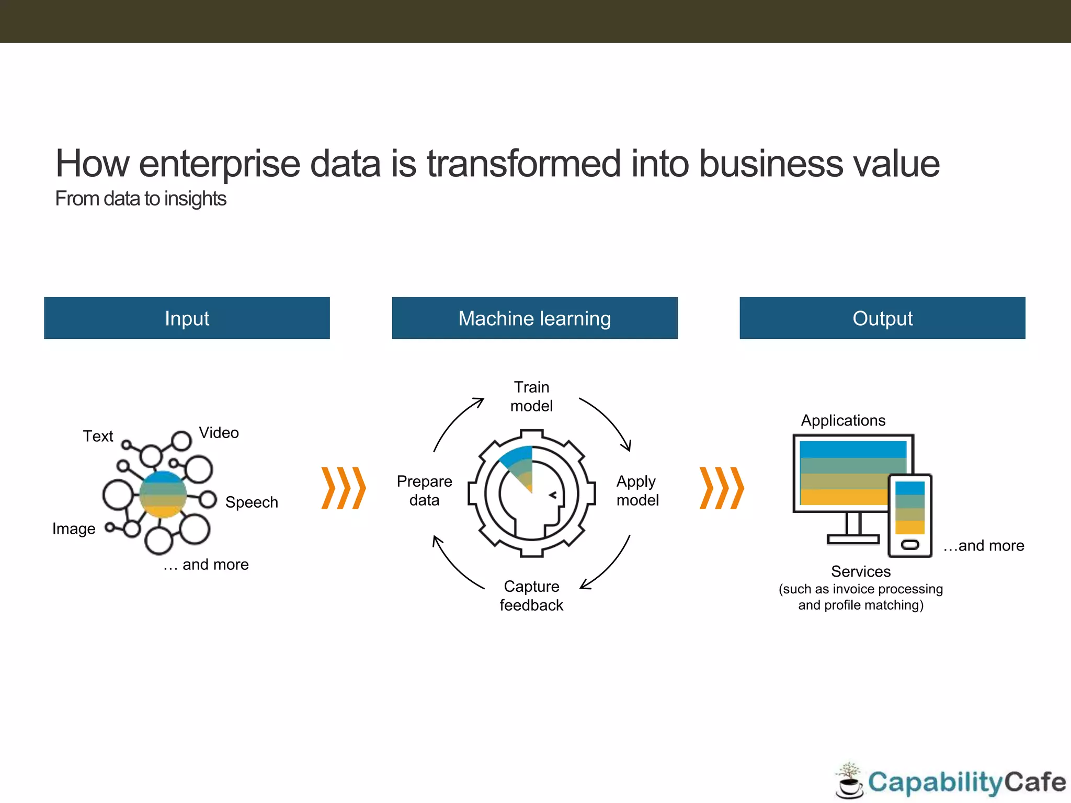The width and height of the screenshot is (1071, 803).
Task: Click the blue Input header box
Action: pyautogui.click(x=187, y=318)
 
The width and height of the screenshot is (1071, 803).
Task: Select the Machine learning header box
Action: pyautogui.click(x=534, y=318)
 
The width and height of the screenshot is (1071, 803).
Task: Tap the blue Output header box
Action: pyautogui.click(x=882, y=318)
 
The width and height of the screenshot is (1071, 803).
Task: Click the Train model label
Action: pyautogui.click(x=531, y=396)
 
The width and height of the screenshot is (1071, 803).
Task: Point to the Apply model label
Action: pyautogui.click(x=637, y=490)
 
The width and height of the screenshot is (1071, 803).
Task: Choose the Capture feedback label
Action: pyautogui.click(x=531, y=595)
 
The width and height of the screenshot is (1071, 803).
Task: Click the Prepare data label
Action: pyautogui.click(x=424, y=490)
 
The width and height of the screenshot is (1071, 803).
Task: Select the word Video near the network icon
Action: pyautogui.click(x=219, y=433)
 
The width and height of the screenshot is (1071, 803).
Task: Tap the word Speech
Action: pyautogui.click(x=252, y=502)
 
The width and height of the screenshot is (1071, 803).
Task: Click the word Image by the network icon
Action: pyautogui.click(x=74, y=529)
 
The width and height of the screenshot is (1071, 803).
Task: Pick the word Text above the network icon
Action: pyautogui.click(x=98, y=436)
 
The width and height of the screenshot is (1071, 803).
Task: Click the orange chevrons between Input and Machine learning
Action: pyautogui.click(x=343, y=488)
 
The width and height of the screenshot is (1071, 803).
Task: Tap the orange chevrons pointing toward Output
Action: pyautogui.click(x=722, y=488)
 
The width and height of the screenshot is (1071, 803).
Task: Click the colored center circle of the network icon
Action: pyautogui.click(x=163, y=494)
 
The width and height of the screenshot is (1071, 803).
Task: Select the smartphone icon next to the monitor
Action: pyautogui.click(x=910, y=515)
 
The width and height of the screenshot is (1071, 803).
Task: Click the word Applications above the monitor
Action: pyautogui.click(x=843, y=420)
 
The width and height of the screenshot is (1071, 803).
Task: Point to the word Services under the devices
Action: pyautogui.click(x=861, y=571)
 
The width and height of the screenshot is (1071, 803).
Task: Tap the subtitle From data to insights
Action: pyautogui.click(x=141, y=199)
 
